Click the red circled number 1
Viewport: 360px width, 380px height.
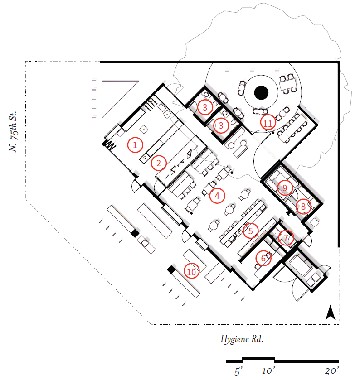point(135,145)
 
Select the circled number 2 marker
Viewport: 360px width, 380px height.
point(159,162)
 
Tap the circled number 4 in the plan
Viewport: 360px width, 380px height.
point(217,196)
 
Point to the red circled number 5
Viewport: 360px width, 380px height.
point(250,231)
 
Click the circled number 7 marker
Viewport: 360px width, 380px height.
point(286,237)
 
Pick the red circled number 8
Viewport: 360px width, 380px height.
point(303,207)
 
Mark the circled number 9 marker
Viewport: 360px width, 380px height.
point(285,188)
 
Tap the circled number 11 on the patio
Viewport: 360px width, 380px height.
point(268,123)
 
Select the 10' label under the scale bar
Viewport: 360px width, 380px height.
point(269,371)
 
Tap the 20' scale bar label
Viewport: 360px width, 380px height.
point(331,371)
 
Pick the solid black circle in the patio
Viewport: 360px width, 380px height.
point(261,93)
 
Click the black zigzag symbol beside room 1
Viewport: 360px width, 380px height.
point(109,145)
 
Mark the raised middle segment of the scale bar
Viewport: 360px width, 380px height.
point(258,359)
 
